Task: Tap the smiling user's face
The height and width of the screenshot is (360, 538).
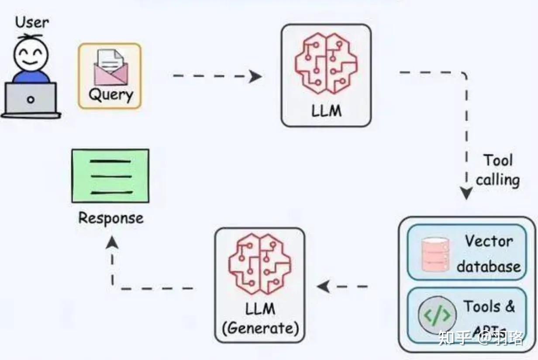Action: tap(31, 54)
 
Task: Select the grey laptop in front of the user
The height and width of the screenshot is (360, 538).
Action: tap(31, 100)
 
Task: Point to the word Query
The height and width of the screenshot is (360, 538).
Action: tap(110, 94)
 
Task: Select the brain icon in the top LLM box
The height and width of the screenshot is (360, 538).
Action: tap(326, 63)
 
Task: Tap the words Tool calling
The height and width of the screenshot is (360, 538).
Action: tap(498, 170)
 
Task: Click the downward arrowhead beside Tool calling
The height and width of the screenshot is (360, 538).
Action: tap(467, 193)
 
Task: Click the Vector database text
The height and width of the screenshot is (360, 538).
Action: tap(489, 253)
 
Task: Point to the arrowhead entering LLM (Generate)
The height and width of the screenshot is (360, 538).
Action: tap(323, 287)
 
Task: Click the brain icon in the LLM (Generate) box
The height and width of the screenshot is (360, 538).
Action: tap(259, 264)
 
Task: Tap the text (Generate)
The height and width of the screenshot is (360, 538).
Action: tap(260, 328)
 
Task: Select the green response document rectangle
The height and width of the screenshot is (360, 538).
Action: tap(110, 176)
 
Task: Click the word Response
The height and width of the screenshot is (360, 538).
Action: tap(110, 218)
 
